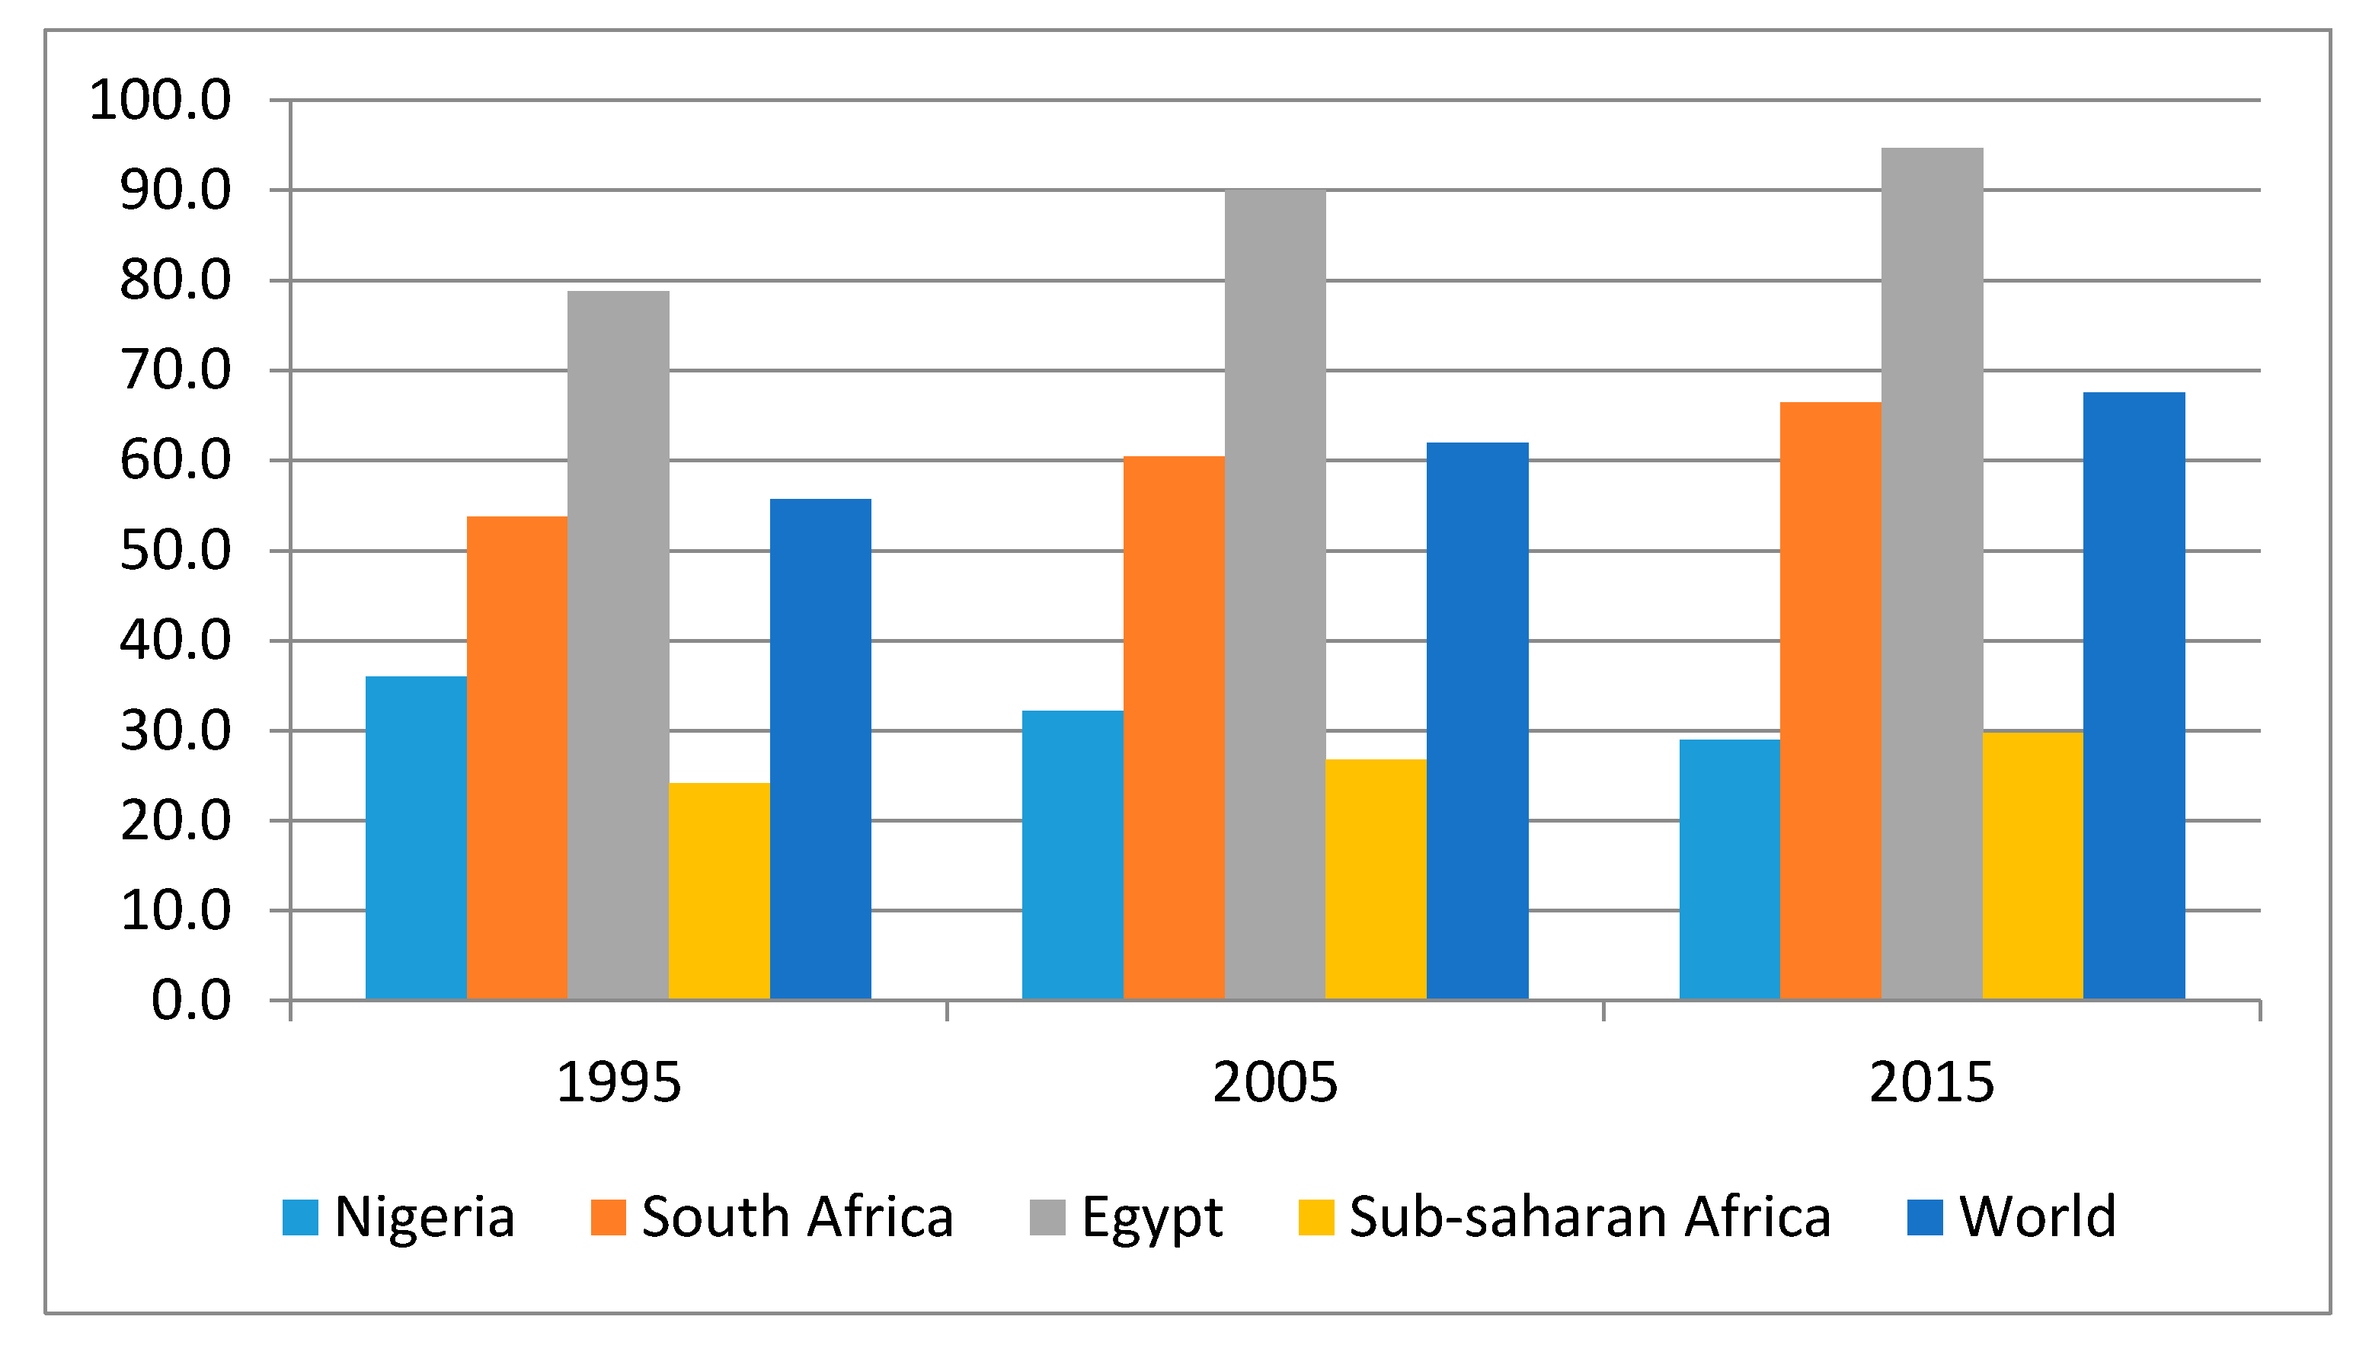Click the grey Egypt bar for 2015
click(1932, 574)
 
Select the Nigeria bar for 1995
click(416, 838)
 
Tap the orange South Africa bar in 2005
click(1174, 727)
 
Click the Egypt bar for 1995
click(619, 645)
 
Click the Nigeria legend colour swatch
click(300, 1217)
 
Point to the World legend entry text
click(2038, 1216)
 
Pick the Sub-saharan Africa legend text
click(1590, 1216)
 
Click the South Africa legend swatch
click(608, 1217)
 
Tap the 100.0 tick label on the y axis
click(159, 100)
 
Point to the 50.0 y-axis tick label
click(175, 551)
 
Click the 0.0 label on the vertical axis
click(191, 1001)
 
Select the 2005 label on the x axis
click(1275, 1083)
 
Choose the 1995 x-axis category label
click(619, 1083)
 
